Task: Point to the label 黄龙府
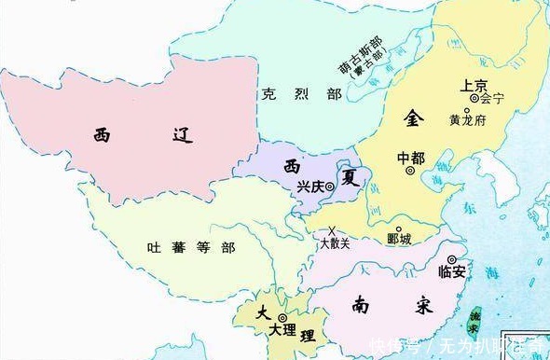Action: (467, 120)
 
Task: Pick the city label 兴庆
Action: (311, 187)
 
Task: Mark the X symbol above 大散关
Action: (332, 230)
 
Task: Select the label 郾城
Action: (399, 242)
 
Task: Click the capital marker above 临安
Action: (452, 260)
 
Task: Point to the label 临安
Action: (452, 273)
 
